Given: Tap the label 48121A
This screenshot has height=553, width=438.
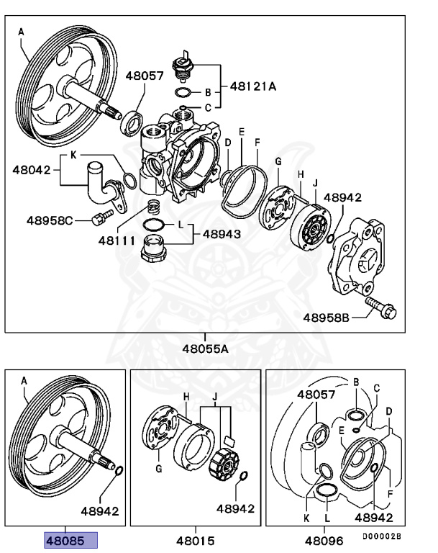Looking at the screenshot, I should pos(254,86).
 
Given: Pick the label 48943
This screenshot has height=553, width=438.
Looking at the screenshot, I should pos(222,234).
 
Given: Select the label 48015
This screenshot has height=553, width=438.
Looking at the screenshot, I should pos(195,540).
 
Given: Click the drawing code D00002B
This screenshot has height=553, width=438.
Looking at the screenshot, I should pos(381,536).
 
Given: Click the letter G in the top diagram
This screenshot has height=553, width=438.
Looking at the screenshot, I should pos(278,162).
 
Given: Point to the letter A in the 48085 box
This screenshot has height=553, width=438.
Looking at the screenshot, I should pos(24,380).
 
